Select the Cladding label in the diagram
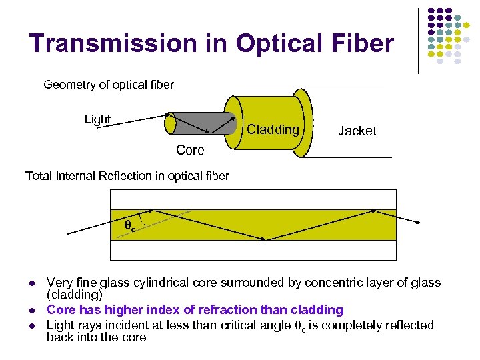point(273,130)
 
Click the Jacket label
point(357,131)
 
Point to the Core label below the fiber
point(190,151)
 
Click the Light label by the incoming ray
point(97,119)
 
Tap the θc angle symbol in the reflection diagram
point(130,227)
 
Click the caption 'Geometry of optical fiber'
point(108,85)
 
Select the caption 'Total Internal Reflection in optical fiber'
point(127,176)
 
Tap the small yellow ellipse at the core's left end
point(171,124)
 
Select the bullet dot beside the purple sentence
point(32,311)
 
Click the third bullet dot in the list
point(32,326)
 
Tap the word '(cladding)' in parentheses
point(75,295)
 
